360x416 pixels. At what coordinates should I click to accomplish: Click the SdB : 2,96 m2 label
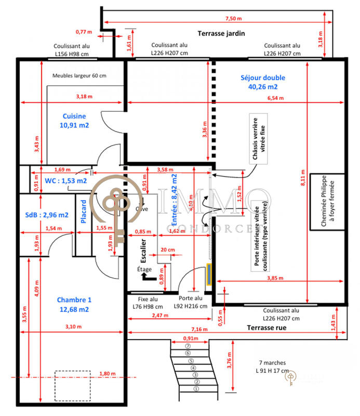[47, 214]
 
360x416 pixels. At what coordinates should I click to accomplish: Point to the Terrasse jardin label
[221, 33]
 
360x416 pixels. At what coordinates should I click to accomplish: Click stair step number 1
[196, 388]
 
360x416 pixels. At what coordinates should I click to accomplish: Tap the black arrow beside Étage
[149, 278]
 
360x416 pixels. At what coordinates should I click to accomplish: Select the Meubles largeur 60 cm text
[79, 75]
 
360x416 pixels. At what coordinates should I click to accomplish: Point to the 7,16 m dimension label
[201, 329]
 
